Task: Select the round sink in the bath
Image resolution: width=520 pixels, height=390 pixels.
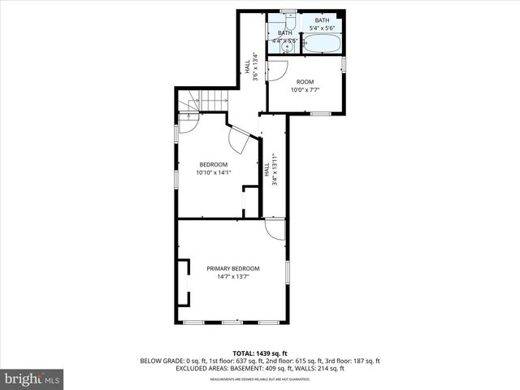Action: tap(284, 47)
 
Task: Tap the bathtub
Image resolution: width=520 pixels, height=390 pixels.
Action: tap(323, 44)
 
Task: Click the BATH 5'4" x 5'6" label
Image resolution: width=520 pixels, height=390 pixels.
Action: tap(323, 24)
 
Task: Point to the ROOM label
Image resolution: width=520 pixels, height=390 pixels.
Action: tap(305, 82)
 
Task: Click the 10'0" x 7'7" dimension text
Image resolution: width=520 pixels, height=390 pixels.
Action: tap(305, 89)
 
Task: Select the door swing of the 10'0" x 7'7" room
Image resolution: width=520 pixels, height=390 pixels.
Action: tap(276, 71)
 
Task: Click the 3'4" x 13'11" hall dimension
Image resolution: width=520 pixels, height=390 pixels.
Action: tap(275, 171)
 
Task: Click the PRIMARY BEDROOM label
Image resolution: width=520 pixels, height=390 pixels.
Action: tap(232, 269)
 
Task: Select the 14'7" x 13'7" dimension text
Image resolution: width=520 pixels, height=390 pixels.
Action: tap(232, 276)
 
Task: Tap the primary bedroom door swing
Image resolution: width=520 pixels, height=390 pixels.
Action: tap(275, 230)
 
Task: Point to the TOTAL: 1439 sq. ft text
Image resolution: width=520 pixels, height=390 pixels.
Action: tap(259, 353)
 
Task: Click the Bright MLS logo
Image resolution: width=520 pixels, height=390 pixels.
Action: tap(32, 379)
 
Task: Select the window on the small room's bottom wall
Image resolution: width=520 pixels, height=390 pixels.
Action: tap(320, 113)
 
